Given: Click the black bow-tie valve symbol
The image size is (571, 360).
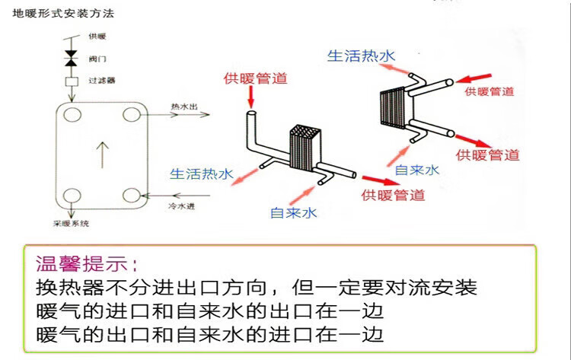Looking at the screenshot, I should click(x=72, y=57).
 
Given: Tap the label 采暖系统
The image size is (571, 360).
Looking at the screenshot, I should click(x=71, y=223).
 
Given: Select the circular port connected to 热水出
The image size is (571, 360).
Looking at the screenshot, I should click(x=134, y=115).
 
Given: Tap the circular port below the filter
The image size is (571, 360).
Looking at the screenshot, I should click(x=72, y=115).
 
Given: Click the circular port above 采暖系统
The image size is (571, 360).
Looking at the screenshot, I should click(x=72, y=195).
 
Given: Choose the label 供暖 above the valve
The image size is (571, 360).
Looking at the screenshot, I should click(x=96, y=36).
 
